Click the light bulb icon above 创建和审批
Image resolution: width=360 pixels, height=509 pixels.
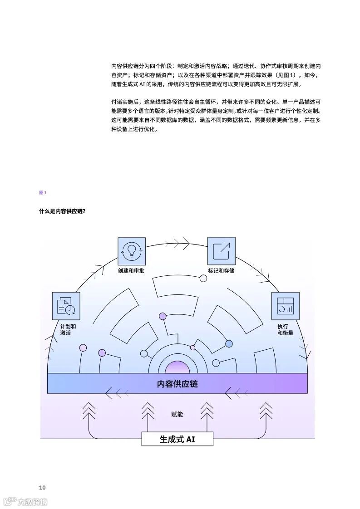point(132,251)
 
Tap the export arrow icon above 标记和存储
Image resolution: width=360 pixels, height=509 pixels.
point(221,251)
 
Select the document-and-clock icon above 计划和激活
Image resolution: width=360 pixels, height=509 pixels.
point(66,306)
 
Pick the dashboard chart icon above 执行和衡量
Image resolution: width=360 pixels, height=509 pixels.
point(285,306)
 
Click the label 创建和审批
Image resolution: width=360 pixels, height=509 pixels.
point(131,271)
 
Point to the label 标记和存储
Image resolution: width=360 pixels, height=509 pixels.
point(221,271)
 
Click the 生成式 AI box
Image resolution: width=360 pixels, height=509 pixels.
point(178,439)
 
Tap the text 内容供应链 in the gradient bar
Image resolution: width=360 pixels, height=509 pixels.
point(178,384)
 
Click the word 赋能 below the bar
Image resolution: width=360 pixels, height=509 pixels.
point(178,414)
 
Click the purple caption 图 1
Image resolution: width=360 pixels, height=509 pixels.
point(43,193)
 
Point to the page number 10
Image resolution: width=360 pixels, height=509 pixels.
point(42,487)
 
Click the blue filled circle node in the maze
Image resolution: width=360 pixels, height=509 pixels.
point(229,343)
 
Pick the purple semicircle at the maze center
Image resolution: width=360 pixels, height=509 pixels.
point(178,367)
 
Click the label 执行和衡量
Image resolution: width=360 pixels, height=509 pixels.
point(285,329)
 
